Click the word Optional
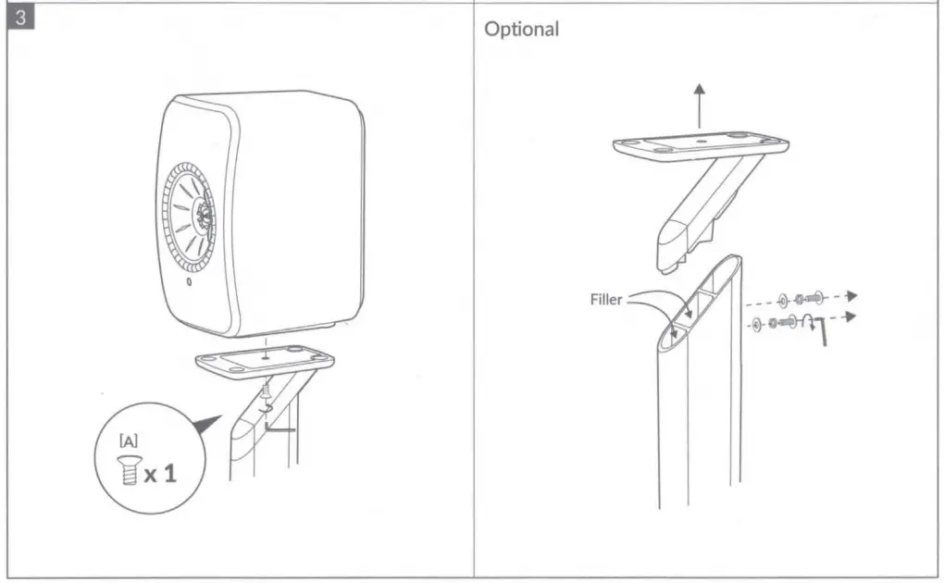point(522,29)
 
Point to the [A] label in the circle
point(129,442)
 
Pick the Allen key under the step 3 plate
point(279,427)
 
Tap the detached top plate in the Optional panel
point(701,144)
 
